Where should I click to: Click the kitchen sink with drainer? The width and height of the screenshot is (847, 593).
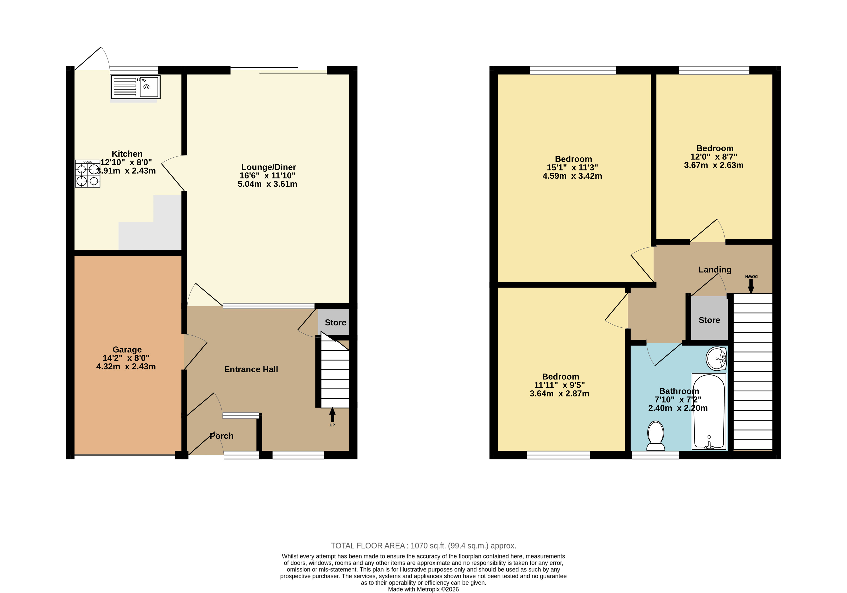[136, 87]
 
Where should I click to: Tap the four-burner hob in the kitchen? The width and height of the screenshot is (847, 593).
[87, 173]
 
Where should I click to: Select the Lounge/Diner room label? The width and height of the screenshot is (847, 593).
[269, 167]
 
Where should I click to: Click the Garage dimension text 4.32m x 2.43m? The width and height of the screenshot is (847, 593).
[126, 367]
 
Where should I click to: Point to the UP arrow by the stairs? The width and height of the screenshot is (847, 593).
[332, 415]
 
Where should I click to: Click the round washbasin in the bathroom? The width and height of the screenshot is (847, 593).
[716, 358]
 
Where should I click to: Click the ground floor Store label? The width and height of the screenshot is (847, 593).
[335, 323]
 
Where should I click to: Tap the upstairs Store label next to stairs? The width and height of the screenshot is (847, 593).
[709, 320]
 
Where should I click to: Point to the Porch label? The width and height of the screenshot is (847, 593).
[221, 436]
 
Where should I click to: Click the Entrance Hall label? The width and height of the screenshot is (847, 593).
[251, 369]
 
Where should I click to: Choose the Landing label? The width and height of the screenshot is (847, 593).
[715, 270]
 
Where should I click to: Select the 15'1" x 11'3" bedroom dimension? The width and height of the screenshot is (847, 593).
[572, 167]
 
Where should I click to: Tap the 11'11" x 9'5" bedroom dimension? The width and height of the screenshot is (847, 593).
[559, 385]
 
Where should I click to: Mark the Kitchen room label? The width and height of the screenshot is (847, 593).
[127, 154]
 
